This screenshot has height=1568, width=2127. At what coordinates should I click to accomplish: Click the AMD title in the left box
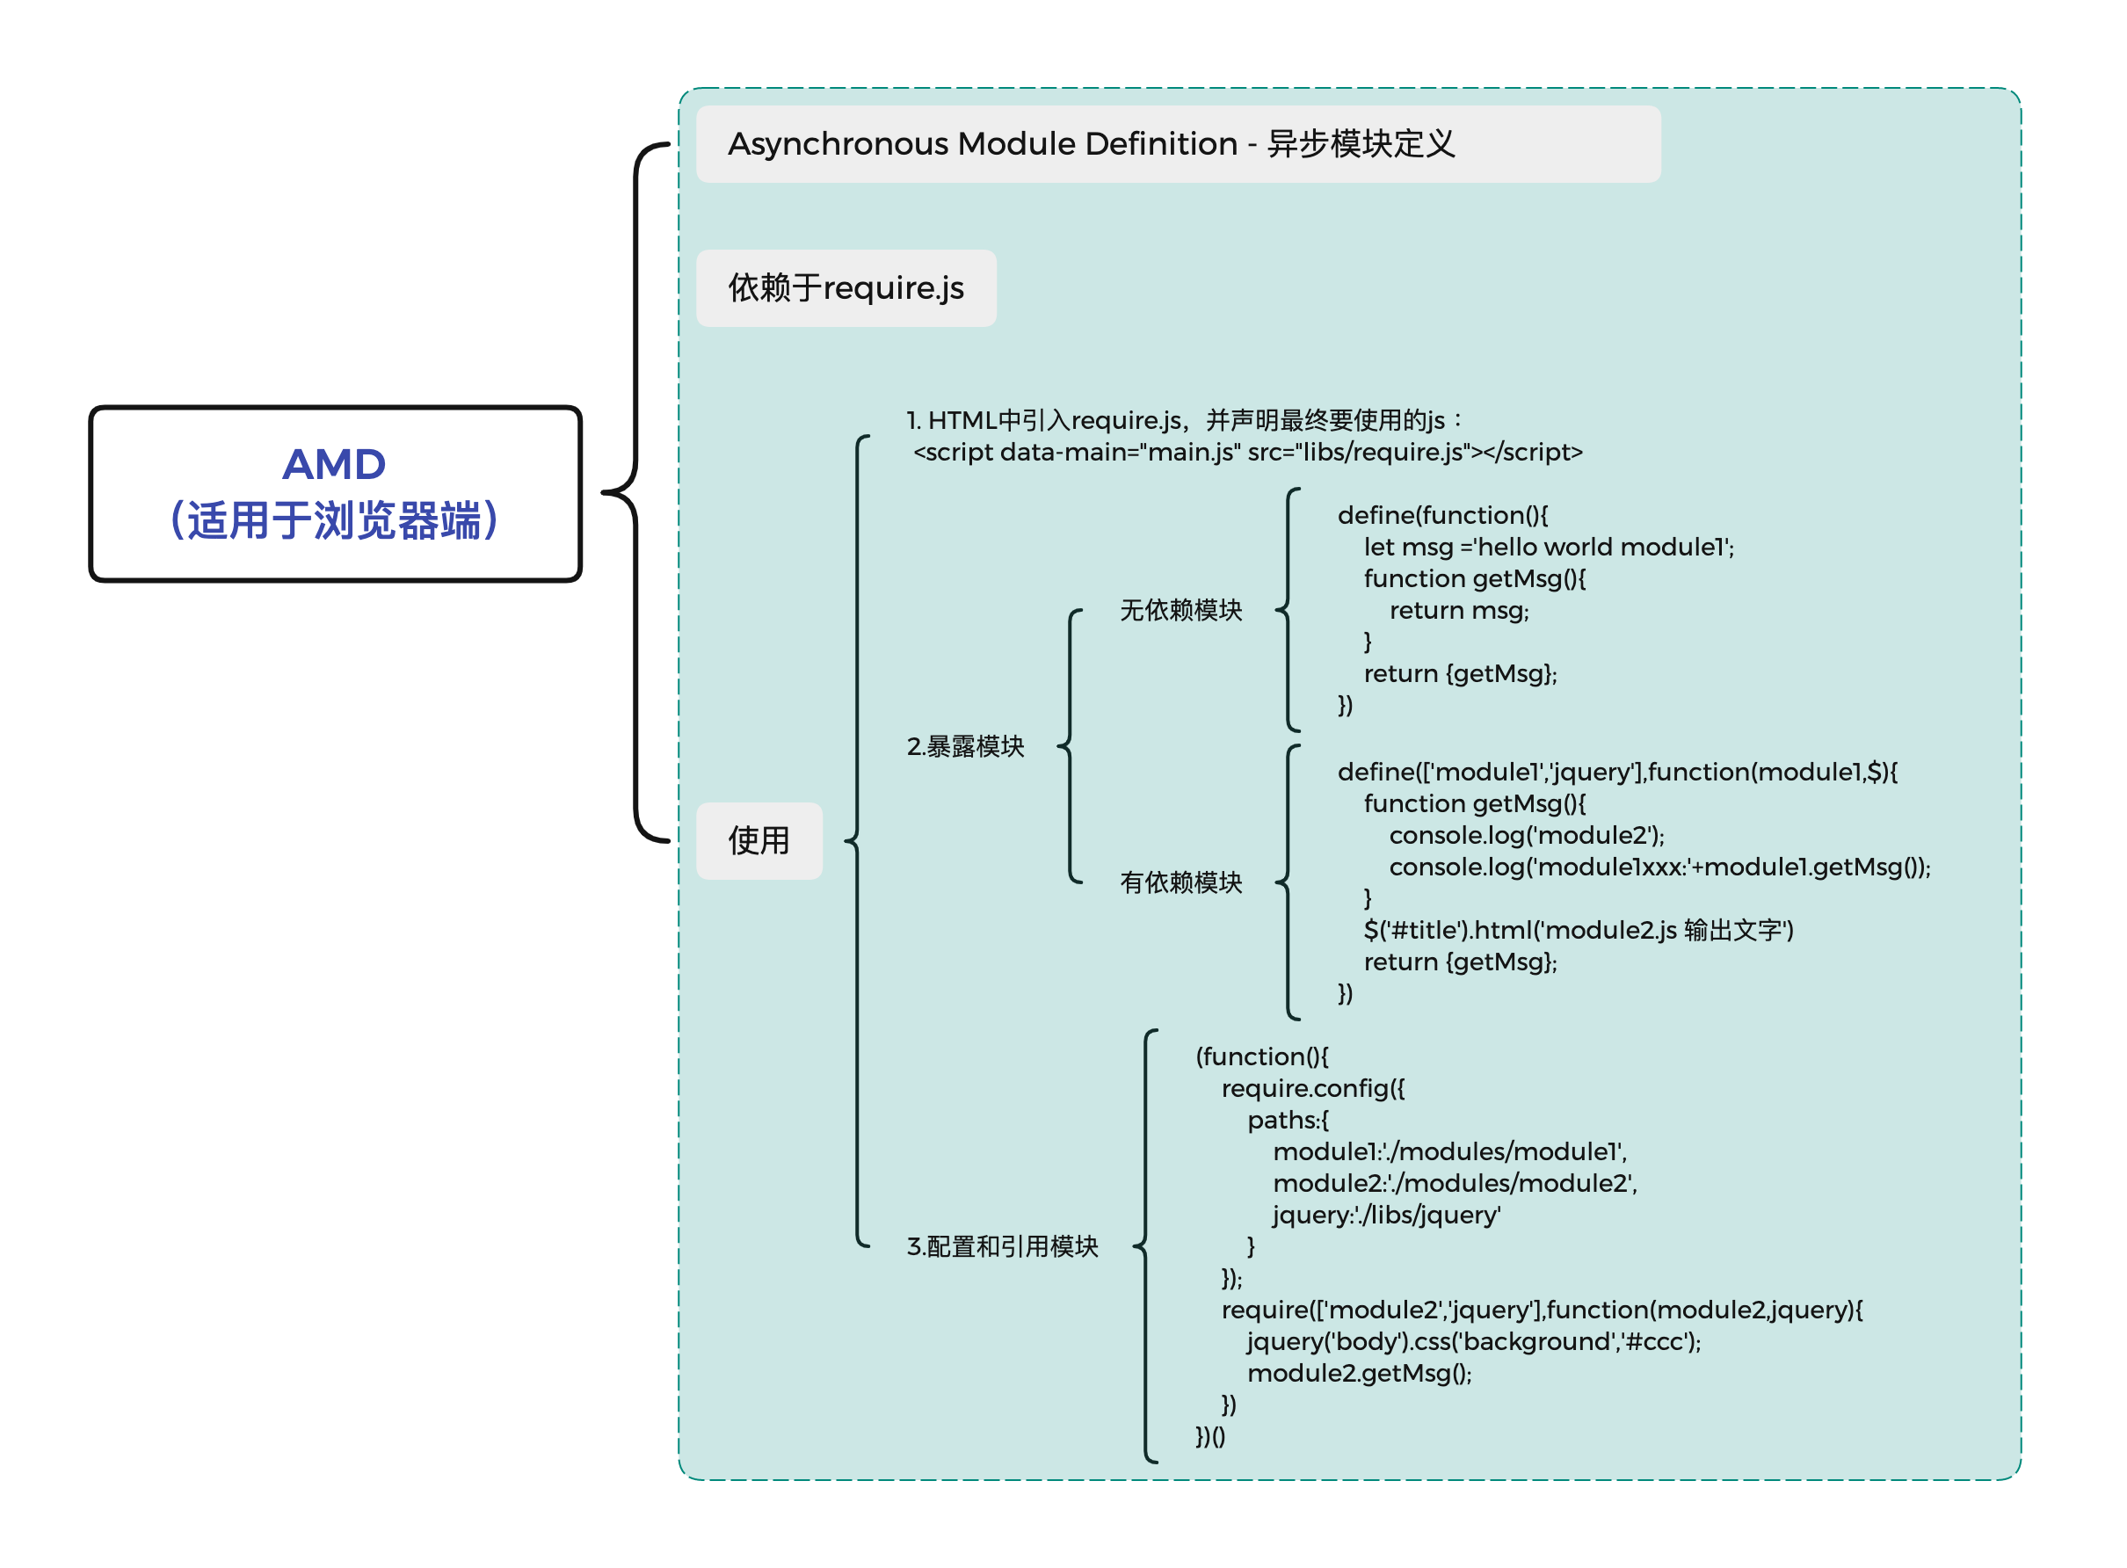coord(334,464)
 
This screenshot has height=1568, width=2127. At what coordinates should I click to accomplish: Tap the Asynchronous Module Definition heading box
coord(1177,144)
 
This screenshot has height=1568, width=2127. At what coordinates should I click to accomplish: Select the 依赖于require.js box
coord(846,288)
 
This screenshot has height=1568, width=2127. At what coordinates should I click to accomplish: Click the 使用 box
coord(759,841)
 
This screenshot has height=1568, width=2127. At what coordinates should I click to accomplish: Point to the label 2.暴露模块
coord(965,747)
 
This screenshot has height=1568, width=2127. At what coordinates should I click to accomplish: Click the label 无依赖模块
coord(1180,610)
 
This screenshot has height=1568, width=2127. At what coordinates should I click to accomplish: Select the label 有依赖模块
coord(1180,882)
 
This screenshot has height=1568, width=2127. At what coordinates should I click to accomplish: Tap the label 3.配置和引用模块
coord(1002,1246)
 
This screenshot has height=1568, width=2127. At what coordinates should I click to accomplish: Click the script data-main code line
coord(1247,453)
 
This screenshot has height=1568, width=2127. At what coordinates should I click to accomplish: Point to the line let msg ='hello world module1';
coord(1548,548)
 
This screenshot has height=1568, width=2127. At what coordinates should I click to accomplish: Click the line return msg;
coord(1459,611)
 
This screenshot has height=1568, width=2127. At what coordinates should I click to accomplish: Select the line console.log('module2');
coord(1526,835)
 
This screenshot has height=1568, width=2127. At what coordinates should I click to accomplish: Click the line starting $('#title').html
coord(1578,930)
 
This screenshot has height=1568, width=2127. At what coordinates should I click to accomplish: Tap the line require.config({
coord(1312,1089)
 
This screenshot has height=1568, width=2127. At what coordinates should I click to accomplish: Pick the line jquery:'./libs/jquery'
coord(1386,1215)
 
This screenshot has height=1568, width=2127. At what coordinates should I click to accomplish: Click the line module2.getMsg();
coord(1359,1374)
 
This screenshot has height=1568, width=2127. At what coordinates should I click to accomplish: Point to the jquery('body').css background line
coord(1473,1342)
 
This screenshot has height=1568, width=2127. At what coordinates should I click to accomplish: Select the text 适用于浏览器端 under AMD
coord(334,520)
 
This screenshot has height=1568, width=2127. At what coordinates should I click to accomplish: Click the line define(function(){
coord(1442,515)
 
